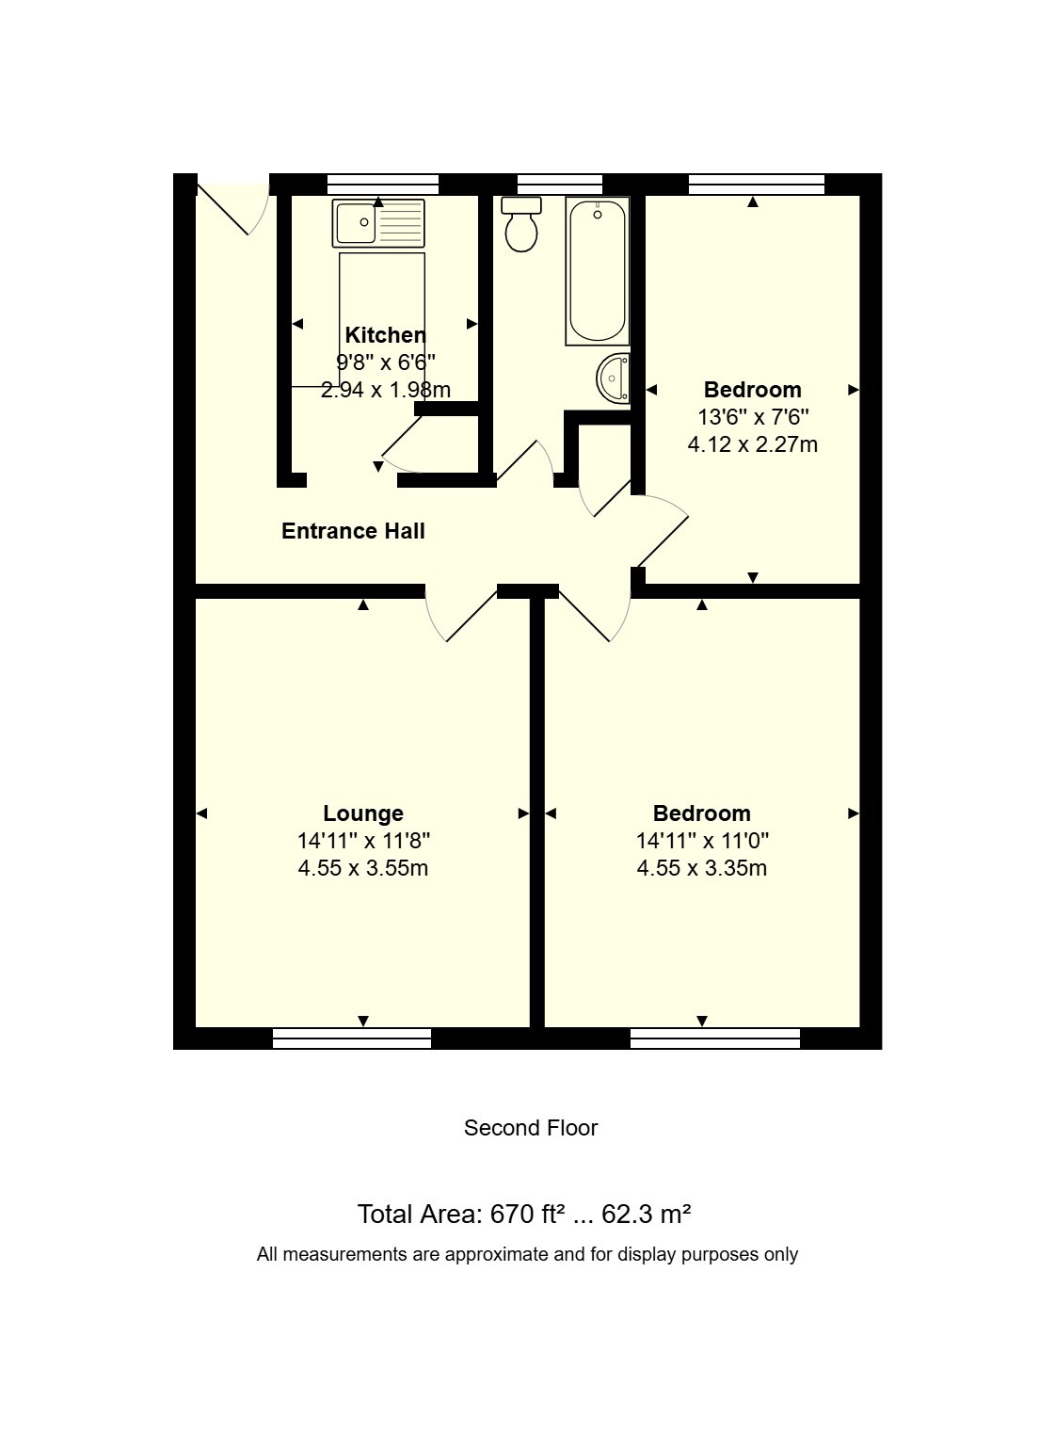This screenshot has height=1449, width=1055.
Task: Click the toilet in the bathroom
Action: (x=521, y=224)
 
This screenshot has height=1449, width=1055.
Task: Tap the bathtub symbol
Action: (x=597, y=270)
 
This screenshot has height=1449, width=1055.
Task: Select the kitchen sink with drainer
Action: (x=378, y=223)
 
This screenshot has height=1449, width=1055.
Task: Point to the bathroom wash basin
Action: (x=614, y=378)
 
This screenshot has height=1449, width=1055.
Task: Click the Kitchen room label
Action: (x=385, y=335)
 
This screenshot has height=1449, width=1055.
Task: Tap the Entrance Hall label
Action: (x=353, y=531)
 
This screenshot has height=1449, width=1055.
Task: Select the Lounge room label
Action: (x=363, y=813)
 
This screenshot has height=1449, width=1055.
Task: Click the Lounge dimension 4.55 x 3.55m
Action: (x=363, y=868)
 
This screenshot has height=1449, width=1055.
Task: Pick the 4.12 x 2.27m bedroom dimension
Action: (x=753, y=444)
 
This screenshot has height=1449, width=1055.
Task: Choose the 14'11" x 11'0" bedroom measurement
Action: (x=702, y=841)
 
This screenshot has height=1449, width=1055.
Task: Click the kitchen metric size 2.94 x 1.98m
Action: (x=386, y=390)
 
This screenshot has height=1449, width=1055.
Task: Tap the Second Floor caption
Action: (x=531, y=1128)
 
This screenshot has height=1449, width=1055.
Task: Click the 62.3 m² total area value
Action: (x=647, y=1215)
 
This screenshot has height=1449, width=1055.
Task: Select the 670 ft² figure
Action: (x=523, y=1215)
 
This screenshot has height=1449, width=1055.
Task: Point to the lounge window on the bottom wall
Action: (x=352, y=1038)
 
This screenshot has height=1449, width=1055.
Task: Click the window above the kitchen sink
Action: (x=383, y=185)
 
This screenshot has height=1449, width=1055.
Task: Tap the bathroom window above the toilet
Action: (x=560, y=185)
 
